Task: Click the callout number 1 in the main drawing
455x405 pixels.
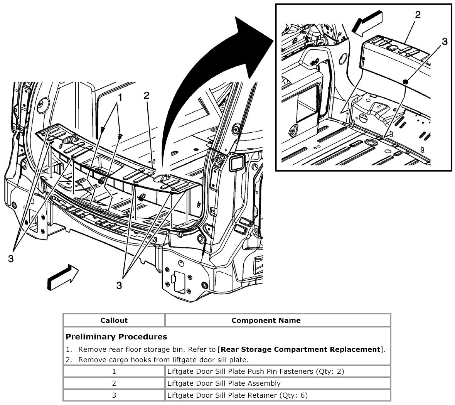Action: [120, 98]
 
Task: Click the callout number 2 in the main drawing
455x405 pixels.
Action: [146, 95]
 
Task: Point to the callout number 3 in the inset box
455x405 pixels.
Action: [445, 41]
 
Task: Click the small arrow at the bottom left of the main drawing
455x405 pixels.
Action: [62, 275]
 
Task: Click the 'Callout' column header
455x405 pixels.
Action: [114, 320]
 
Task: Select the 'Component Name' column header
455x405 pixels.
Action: [266, 320]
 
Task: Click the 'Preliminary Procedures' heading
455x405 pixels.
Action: [116, 337]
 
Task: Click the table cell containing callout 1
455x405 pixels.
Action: [114, 371]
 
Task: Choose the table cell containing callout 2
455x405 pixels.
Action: [114, 383]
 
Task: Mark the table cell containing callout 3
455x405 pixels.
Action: [114, 395]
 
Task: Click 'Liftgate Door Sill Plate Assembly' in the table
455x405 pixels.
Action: [224, 383]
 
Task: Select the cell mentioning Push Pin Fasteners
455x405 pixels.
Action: [256, 371]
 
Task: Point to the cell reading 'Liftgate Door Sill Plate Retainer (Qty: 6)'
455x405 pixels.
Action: [238, 395]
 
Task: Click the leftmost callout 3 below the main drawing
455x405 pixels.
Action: [11, 259]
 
